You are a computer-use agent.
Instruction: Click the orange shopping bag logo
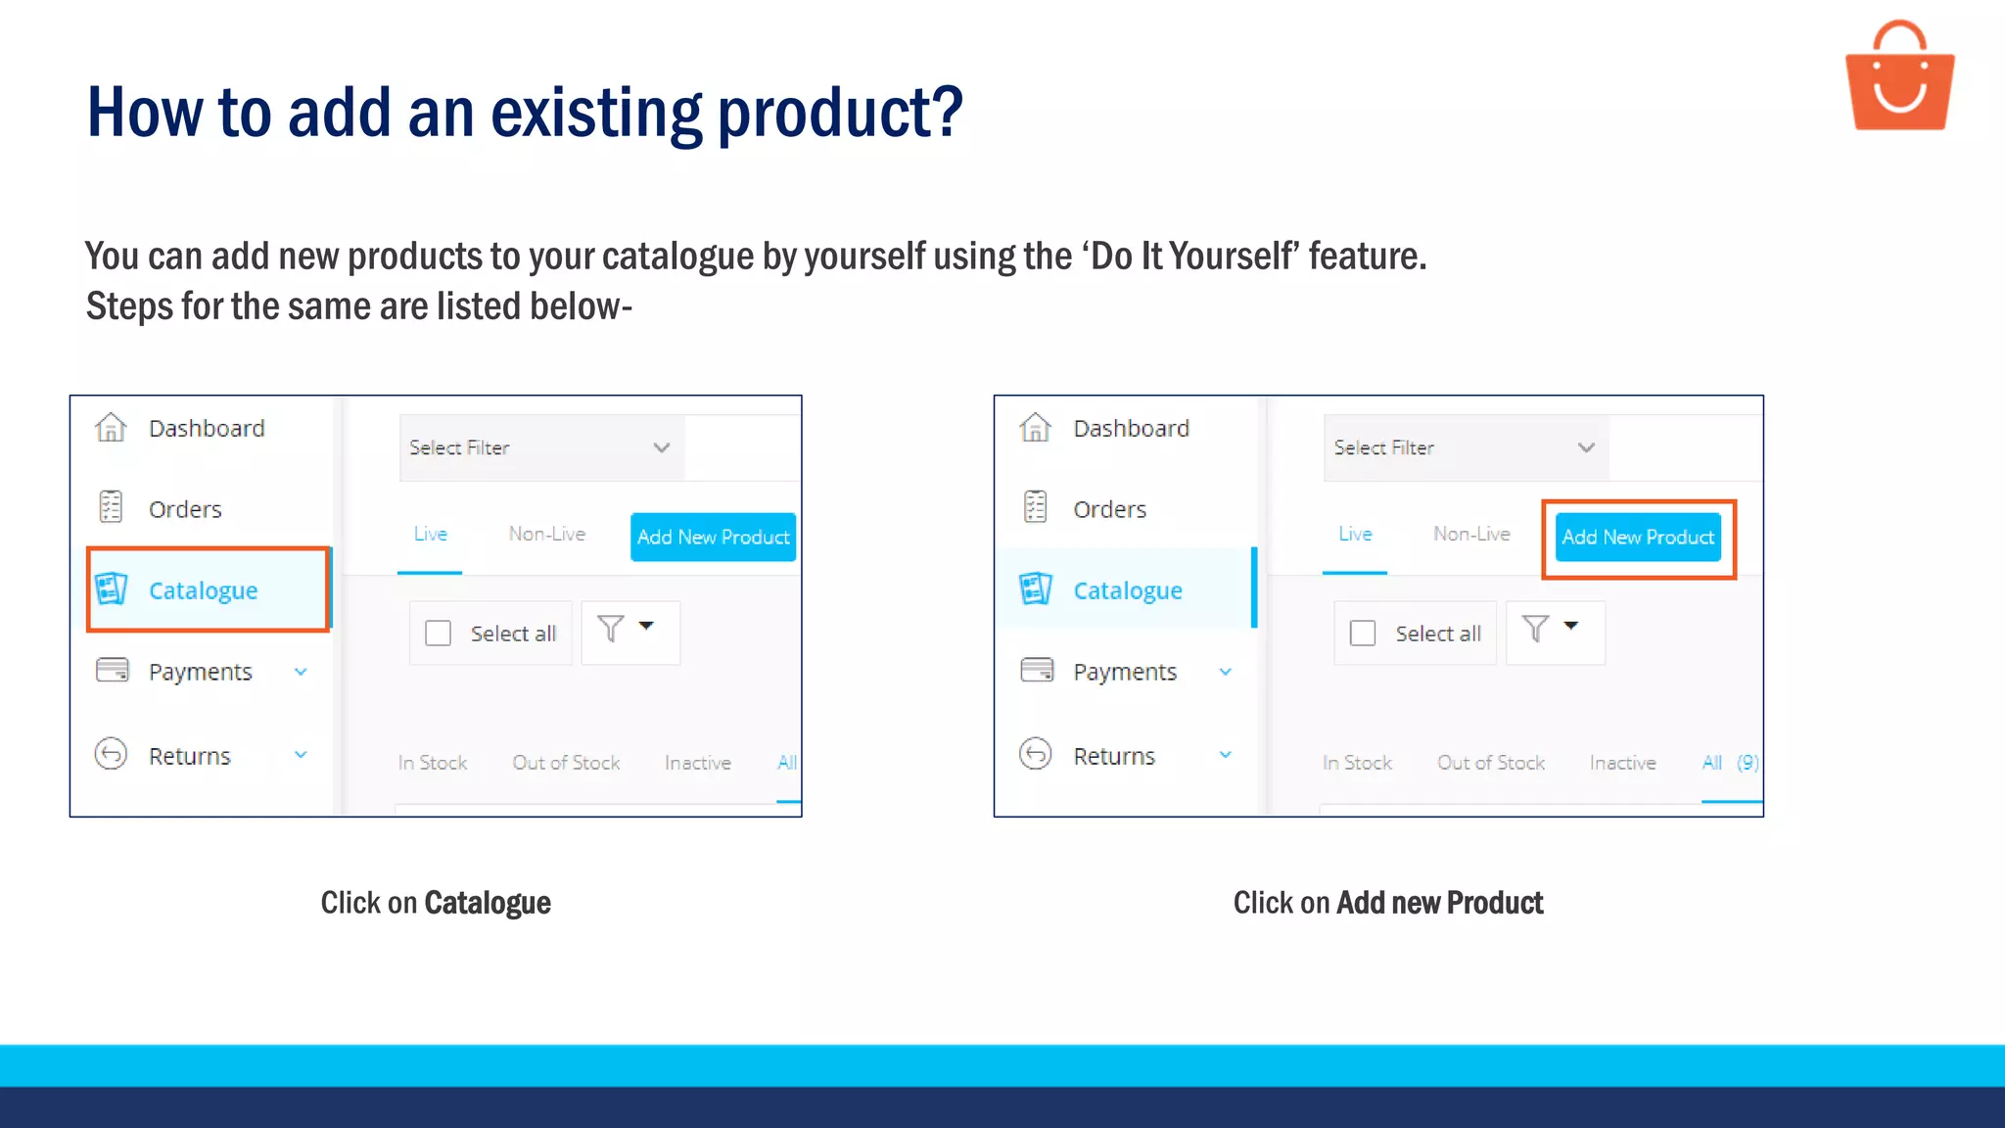pos(1899,78)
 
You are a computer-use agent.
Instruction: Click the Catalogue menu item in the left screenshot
pos(203,590)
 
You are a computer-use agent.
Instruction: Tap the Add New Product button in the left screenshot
pos(713,537)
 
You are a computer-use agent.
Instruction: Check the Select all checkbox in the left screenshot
pos(438,634)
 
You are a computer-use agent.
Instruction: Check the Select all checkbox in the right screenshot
pos(1363,634)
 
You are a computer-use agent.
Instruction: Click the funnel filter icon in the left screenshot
pos(611,629)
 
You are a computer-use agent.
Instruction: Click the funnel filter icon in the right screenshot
pos(1535,629)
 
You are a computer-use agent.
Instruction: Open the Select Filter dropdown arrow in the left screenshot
pos(662,447)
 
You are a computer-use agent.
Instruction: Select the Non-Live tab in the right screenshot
pos(1471,534)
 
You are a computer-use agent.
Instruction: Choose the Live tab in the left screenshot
pos(430,534)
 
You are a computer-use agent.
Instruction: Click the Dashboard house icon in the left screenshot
pos(111,428)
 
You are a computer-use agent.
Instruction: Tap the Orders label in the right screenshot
pos(1109,509)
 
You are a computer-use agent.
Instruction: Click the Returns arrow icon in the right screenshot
pos(1036,754)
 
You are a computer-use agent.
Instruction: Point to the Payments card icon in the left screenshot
pos(113,671)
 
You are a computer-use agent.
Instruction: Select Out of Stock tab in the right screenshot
pos(1490,763)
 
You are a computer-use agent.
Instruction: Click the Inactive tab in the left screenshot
pos(697,763)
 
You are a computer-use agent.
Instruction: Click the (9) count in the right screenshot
pos(1748,763)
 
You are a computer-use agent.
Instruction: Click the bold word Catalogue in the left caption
pos(488,903)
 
